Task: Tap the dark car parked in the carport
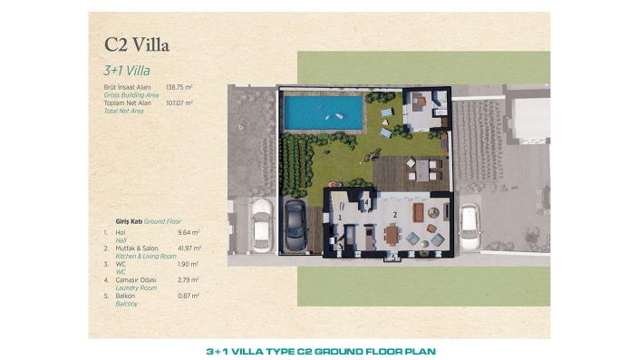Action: (x=295, y=226)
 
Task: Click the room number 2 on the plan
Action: (x=395, y=214)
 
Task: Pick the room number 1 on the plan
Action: (x=339, y=217)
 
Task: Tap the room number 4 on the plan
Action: (x=366, y=202)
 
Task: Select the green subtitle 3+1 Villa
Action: (x=126, y=69)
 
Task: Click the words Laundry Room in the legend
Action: (x=133, y=287)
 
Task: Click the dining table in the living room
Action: (x=392, y=235)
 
